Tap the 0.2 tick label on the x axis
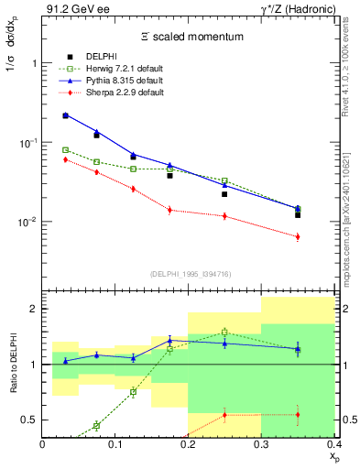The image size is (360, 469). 189,443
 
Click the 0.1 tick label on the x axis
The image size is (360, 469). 116,443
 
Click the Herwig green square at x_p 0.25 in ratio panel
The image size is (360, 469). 224,332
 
